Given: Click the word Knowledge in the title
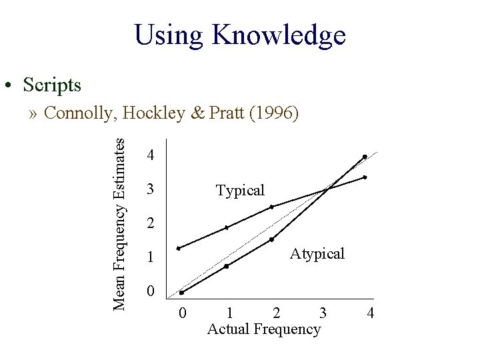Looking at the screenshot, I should [x=279, y=35].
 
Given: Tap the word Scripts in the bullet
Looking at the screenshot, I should [x=52, y=85].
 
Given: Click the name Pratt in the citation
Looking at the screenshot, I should [x=226, y=114].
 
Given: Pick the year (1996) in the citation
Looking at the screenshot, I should [x=273, y=114].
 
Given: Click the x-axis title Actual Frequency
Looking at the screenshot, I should [x=264, y=329].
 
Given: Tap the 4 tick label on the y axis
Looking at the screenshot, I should [x=151, y=156].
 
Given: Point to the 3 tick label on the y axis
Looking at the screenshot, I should [x=151, y=190].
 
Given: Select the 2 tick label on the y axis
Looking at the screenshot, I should [x=151, y=224].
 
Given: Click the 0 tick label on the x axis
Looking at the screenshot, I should [x=183, y=313].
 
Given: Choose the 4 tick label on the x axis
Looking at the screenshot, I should [x=370, y=313].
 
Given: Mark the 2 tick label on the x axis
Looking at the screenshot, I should [x=276, y=313].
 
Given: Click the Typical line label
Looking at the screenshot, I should [x=240, y=191].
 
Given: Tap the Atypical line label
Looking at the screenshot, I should [x=317, y=254].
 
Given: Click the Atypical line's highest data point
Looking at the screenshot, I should [x=365, y=157].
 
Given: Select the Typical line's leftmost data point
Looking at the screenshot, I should [x=178, y=249].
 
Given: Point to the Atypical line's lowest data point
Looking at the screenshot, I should [x=181, y=293].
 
